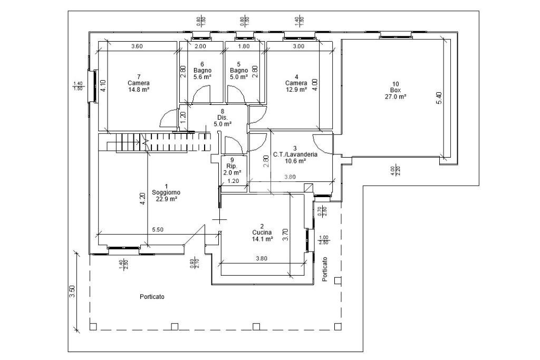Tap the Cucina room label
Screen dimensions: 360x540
click(262, 232)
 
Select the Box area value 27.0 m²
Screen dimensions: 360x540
click(395, 96)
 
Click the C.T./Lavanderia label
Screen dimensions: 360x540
click(295, 154)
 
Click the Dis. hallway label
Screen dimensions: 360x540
click(222, 118)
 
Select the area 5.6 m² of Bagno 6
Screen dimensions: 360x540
click(202, 76)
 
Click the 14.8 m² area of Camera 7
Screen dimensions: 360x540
click(138, 90)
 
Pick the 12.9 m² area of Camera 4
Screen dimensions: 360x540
click(296, 90)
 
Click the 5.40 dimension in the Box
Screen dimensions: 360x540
click(439, 98)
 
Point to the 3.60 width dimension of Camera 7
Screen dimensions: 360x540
click(137, 46)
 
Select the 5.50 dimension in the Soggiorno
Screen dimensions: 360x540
click(157, 230)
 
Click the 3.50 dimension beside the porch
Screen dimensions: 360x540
click(72, 291)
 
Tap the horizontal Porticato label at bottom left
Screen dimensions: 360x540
click(152, 297)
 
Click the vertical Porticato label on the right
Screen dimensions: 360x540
click(325, 269)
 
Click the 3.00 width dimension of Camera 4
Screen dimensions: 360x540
click(298, 46)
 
